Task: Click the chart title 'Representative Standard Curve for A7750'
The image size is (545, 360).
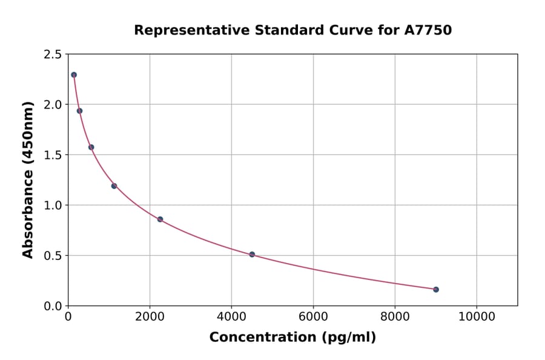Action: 292,30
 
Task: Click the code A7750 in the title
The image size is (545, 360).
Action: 428,30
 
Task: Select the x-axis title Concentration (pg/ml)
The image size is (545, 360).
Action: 292,338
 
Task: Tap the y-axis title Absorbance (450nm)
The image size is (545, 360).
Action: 28,179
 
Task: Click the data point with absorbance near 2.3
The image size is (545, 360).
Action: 74,75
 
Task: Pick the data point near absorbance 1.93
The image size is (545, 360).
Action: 79,110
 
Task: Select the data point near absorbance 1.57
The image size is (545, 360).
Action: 91,147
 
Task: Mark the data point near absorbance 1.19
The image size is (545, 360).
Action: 114,186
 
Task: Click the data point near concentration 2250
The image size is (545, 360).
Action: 160,219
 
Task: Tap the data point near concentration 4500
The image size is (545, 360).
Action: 252,255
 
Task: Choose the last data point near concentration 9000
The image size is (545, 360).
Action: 436,290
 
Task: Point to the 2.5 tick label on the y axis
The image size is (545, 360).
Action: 52,55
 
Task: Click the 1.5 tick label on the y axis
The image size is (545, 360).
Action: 52,155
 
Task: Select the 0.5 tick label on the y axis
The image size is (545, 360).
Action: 52,256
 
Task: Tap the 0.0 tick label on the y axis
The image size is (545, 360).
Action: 52,306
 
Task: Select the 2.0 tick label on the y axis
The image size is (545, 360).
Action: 52,105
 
